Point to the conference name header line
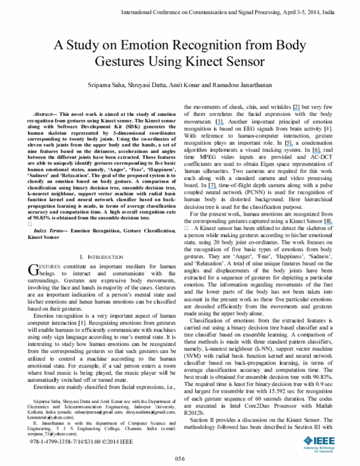click(238, 11)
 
